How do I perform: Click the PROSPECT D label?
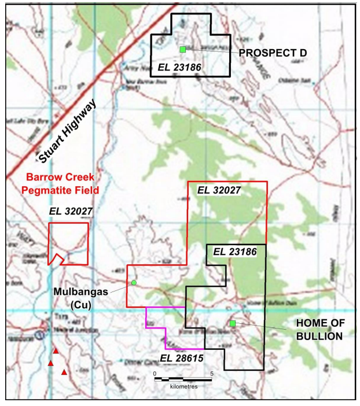272,53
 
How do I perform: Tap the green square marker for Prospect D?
183,49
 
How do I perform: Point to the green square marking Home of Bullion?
233,323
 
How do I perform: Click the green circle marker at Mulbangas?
134,282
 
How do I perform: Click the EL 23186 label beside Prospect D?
179,68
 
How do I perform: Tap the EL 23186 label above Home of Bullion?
236,252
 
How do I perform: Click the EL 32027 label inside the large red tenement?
219,189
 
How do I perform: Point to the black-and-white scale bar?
184,379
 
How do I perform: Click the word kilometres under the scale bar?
185,386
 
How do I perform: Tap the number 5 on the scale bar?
212,373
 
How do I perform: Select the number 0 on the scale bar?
155,373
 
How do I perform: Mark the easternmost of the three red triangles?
64,372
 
